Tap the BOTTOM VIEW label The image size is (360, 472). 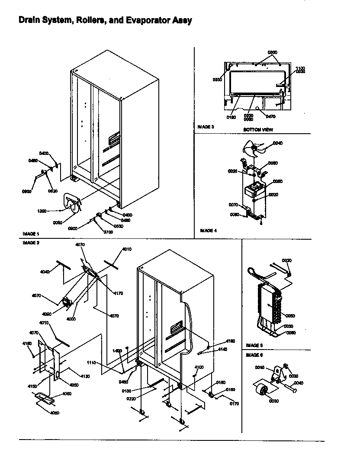pos(258,130)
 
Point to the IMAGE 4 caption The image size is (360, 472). pos(209,231)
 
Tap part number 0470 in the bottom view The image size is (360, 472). pos(271,116)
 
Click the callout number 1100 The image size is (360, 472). pos(300,68)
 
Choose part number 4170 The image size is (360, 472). pos(118,293)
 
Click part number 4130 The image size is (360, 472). pos(84,376)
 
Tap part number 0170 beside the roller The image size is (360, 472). pos(235,404)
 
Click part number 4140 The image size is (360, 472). pos(222,349)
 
